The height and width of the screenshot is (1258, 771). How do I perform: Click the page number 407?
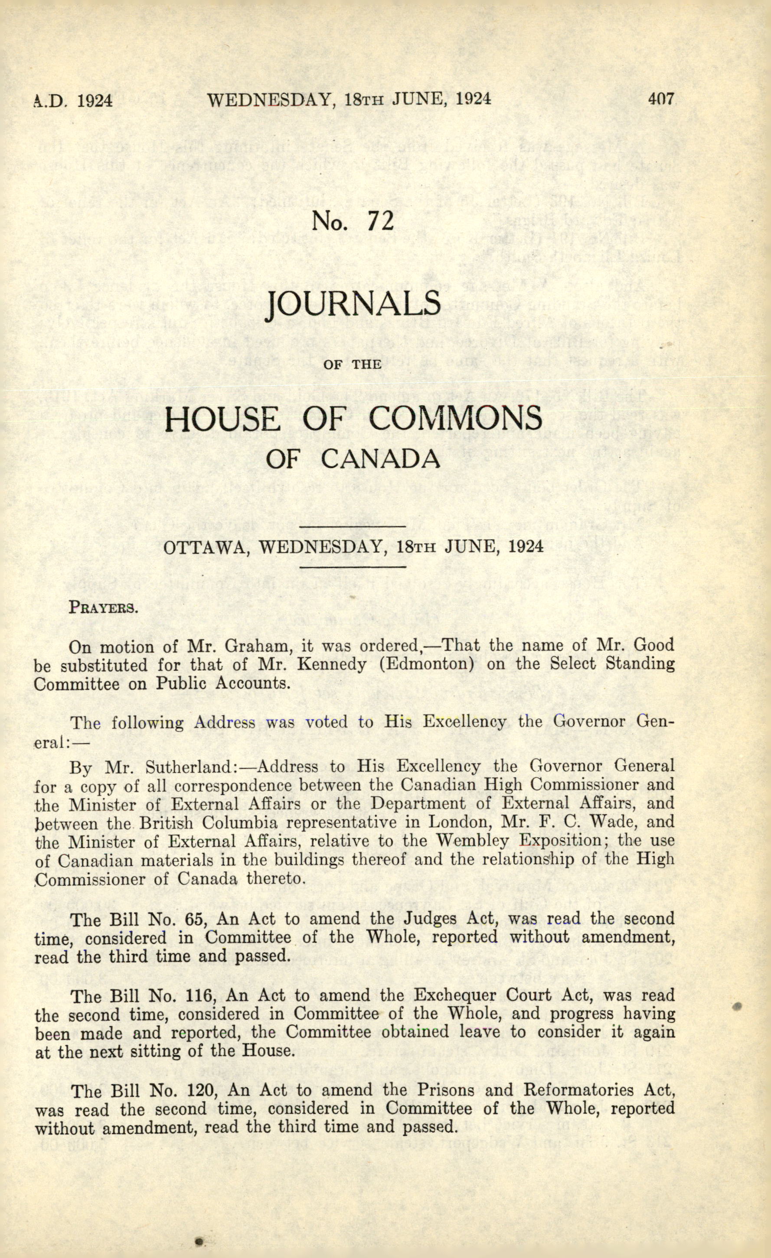point(661,99)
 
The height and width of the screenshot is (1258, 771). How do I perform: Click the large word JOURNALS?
point(353,305)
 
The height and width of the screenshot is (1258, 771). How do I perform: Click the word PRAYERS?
point(104,608)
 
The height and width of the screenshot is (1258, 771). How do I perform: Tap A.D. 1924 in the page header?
point(73,100)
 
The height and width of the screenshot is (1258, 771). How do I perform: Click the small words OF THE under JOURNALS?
point(353,364)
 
